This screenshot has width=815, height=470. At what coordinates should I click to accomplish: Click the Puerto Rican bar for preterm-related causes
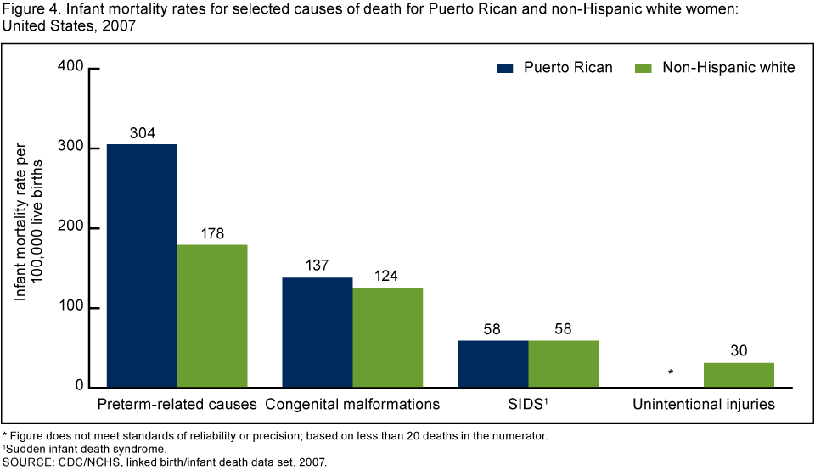[142, 266]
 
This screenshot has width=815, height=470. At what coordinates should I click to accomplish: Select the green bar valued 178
[212, 316]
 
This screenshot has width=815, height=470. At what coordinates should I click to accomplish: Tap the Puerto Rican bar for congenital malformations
[318, 333]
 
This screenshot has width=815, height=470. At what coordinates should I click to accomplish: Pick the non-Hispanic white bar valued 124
[388, 338]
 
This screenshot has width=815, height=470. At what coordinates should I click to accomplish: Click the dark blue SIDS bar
[493, 364]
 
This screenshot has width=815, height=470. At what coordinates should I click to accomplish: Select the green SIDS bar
[564, 364]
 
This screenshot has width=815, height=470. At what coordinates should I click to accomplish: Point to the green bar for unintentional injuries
[739, 375]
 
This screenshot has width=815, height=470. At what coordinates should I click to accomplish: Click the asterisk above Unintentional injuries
[671, 373]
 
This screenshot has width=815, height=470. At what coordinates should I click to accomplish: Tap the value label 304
[142, 133]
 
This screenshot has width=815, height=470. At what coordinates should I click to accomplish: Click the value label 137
[318, 266]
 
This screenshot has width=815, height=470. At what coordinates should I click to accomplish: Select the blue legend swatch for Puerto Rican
[513, 67]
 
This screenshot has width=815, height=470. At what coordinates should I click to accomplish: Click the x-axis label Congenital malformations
[352, 405]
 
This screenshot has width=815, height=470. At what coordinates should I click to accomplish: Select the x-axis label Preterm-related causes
[177, 405]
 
